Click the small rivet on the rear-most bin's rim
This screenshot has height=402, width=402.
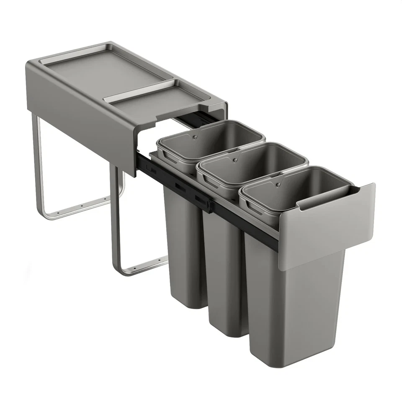pos(194,137)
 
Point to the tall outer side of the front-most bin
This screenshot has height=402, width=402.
pos(293,310)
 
